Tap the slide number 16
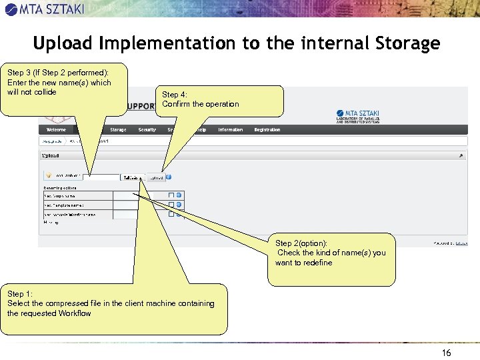point(446,353)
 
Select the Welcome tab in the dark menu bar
point(56,130)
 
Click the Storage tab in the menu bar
point(118,130)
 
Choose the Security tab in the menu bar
point(147,130)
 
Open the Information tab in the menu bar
point(230,130)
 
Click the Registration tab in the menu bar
point(267,130)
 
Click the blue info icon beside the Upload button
point(169,177)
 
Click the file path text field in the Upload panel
point(101,177)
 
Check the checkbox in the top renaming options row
point(171,195)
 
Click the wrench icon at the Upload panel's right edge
point(460,156)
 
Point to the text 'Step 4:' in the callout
point(174,95)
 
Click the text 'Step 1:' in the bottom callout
point(20,294)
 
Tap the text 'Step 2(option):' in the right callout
point(301,243)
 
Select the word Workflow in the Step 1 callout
point(75,313)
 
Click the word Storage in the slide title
point(407,44)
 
